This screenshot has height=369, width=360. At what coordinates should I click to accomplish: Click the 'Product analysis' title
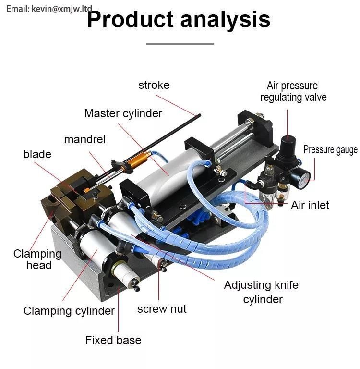179,20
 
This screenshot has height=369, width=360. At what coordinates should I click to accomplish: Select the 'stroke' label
154,85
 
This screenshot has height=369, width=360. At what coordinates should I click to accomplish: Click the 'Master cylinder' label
123,113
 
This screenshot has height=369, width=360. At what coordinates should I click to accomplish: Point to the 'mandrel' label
85,139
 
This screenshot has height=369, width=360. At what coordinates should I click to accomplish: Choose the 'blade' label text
37,154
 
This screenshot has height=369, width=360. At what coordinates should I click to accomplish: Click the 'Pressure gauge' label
330,150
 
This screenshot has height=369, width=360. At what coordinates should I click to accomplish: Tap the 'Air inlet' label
310,205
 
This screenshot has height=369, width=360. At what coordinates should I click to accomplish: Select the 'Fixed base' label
113,340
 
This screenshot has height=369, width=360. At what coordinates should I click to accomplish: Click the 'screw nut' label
162,309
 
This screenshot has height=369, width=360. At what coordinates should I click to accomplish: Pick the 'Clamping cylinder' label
69,311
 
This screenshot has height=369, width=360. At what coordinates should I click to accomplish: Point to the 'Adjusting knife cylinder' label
261,292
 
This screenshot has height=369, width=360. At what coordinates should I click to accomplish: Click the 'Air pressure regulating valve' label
293,91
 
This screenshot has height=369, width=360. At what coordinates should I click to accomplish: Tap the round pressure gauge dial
303,180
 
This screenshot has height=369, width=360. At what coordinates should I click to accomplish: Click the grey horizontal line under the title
180,44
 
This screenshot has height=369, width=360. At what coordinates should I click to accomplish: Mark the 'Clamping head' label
37,259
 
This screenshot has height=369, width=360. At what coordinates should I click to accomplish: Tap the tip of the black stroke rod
200,115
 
